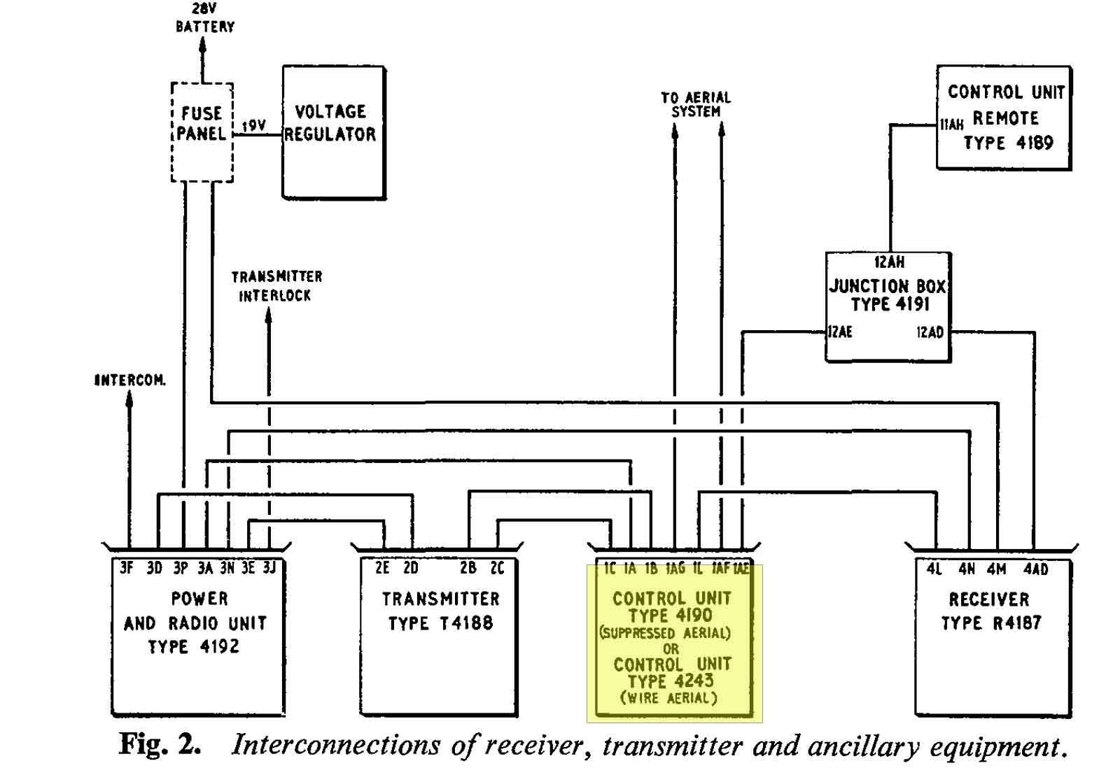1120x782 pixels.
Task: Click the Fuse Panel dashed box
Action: pos(171,133)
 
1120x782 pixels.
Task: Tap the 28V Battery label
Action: pos(205,18)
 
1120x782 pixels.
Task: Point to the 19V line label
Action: pos(254,125)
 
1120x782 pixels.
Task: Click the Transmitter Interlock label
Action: pos(276,286)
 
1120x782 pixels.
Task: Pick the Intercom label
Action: pos(130,381)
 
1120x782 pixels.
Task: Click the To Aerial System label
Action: pos(696,104)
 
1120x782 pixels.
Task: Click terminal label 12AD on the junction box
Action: pos(930,332)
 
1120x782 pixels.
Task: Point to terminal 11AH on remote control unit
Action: pos(951,125)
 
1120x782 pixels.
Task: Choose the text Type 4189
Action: pos(1009,143)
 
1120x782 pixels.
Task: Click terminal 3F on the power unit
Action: pos(127,568)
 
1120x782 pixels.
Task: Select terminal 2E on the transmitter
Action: pos(382,568)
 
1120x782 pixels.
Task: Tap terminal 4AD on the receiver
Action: pos(1036,569)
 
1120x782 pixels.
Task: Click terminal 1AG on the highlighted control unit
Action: pos(675,568)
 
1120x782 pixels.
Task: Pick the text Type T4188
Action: pos(440,623)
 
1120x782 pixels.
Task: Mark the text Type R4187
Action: pos(991,623)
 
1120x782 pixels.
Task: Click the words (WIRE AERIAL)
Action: pos(668,697)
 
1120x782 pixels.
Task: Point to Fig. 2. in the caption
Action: pos(160,744)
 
